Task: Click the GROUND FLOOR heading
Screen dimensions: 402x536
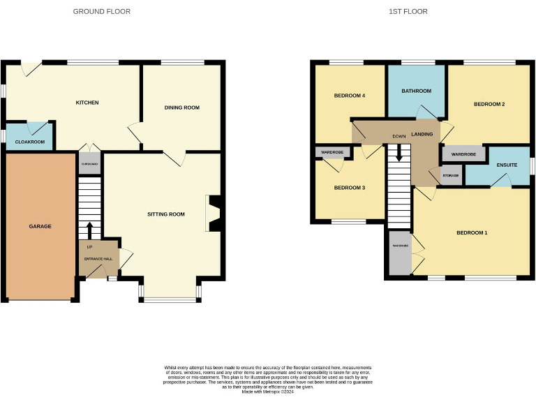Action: click(x=102, y=12)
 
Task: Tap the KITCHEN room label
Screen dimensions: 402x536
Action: click(x=87, y=103)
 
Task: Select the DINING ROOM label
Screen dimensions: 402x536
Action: click(x=182, y=107)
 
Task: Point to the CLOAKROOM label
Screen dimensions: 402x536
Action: click(x=29, y=142)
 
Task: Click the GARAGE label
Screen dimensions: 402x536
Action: click(x=40, y=226)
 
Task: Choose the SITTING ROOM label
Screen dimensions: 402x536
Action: click(x=166, y=214)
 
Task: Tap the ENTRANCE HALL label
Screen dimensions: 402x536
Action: click(x=98, y=259)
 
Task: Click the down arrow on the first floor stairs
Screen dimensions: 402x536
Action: click(x=399, y=153)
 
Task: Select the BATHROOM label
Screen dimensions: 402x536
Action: click(x=416, y=91)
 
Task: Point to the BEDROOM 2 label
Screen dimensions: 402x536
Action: click(x=489, y=104)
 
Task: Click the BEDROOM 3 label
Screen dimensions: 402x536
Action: click(x=349, y=188)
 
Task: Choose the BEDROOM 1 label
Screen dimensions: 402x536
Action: click(x=472, y=232)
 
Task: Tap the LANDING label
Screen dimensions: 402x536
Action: click(x=422, y=134)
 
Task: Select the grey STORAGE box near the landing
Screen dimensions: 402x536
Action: click(x=450, y=175)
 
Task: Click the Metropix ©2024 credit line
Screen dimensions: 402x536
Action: click(x=267, y=392)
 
